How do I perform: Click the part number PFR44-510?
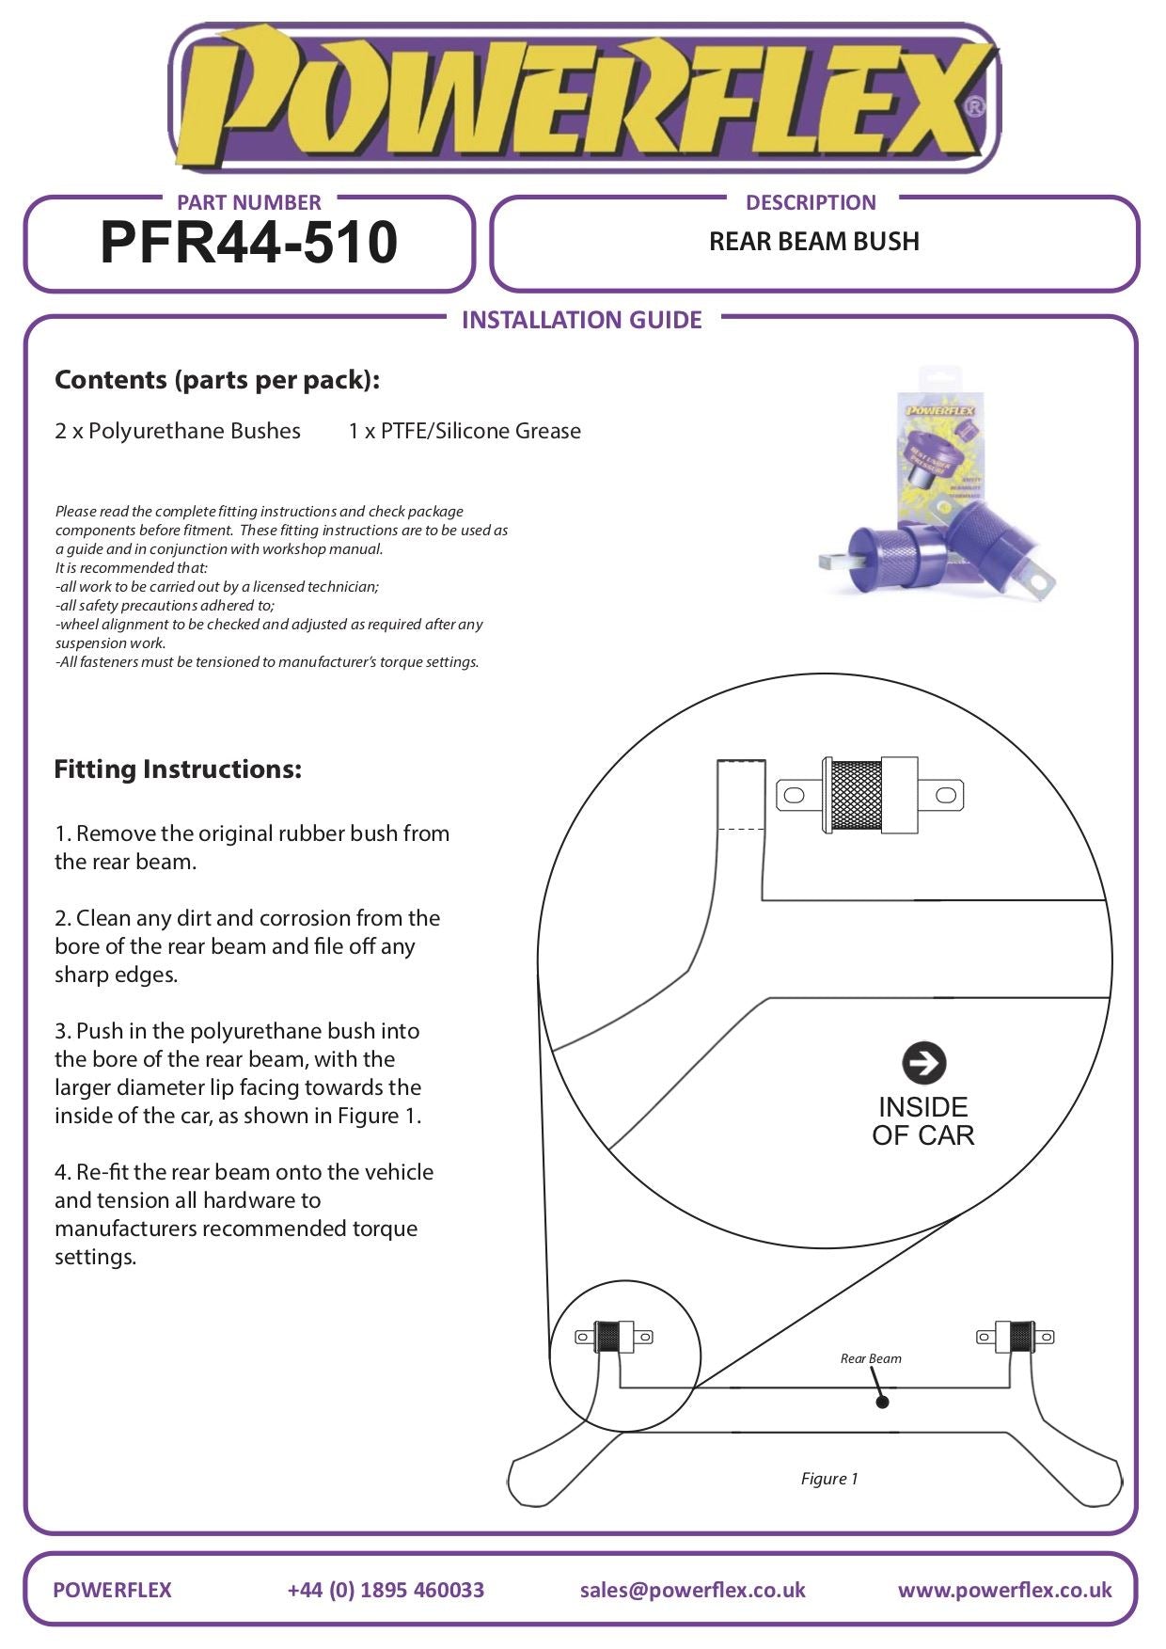click(249, 243)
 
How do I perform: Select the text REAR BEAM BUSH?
click(813, 242)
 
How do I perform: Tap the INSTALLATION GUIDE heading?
click(582, 320)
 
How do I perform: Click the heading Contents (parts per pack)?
click(217, 380)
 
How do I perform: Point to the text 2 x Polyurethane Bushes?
click(178, 431)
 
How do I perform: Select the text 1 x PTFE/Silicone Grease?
click(465, 431)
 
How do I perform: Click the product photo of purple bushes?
click(937, 489)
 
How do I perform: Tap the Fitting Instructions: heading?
click(178, 769)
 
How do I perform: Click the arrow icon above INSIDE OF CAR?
click(923, 1063)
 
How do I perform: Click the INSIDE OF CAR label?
click(922, 1121)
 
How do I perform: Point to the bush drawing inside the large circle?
click(870, 796)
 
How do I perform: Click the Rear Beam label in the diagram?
click(871, 1358)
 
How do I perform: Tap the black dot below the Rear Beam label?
click(882, 1403)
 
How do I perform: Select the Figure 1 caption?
click(829, 1479)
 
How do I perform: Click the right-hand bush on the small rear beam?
click(1016, 1337)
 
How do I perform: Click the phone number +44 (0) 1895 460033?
click(386, 1590)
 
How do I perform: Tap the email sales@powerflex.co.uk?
click(692, 1590)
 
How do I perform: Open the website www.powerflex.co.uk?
click(1004, 1590)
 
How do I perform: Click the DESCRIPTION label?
click(811, 202)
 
